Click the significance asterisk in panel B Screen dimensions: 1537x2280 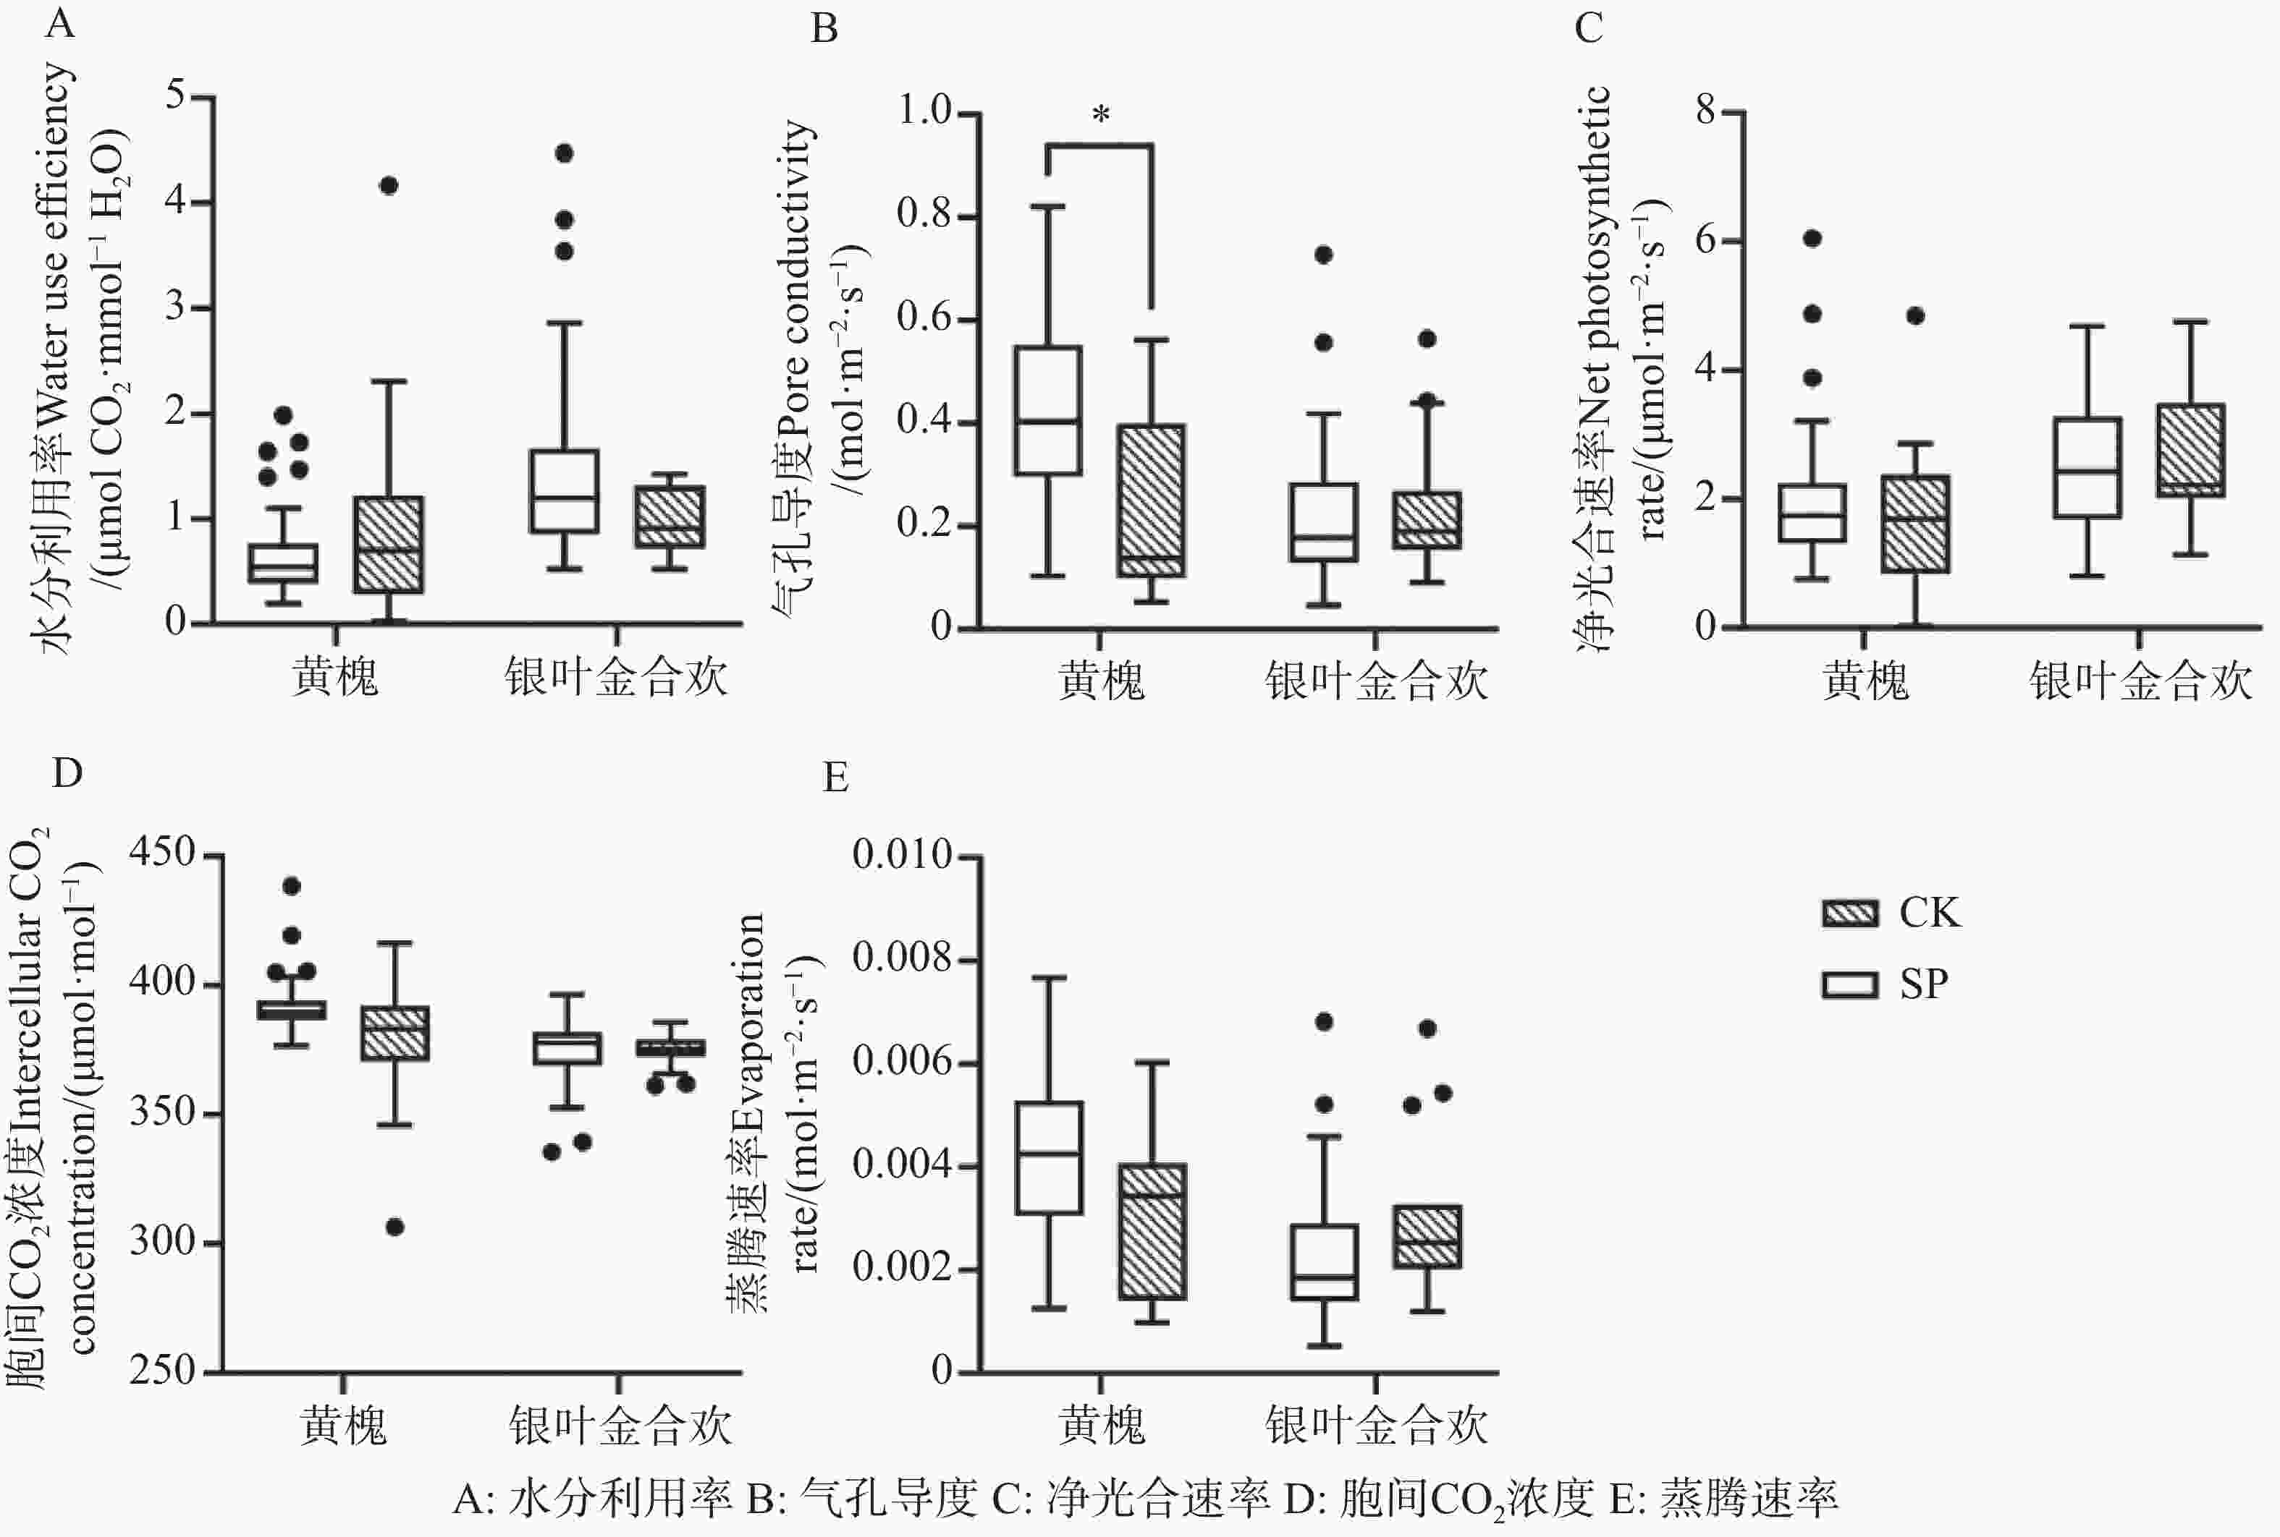(1100, 116)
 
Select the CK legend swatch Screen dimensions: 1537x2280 (1849, 914)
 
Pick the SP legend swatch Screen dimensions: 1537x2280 (1849, 984)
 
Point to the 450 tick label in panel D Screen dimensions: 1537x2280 (162, 853)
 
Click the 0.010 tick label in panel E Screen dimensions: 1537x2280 (902, 855)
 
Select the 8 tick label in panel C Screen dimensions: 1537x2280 (1706, 110)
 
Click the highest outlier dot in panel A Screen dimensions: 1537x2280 (564, 153)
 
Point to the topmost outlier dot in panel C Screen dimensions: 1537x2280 (1812, 238)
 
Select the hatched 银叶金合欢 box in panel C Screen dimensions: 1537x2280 (2190, 450)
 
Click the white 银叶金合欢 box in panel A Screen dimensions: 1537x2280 (564, 491)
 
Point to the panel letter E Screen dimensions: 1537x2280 (835, 778)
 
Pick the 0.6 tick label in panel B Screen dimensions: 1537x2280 (925, 318)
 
